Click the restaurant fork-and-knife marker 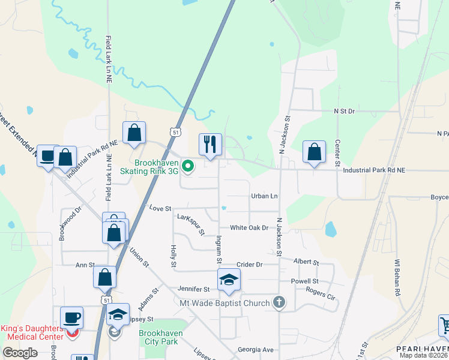point(210,145)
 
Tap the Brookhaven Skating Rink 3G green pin point(188,167)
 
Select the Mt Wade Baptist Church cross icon point(279,302)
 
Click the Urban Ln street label point(265,196)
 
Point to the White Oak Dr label point(249,227)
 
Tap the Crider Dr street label point(250,264)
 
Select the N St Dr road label point(345,111)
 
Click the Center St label point(337,153)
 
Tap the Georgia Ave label point(256,349)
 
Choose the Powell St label point(304,281)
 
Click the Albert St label point(306,262)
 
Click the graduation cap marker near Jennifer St point(228,280)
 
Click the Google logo point(20,353)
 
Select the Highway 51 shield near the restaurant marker point(175,131)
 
